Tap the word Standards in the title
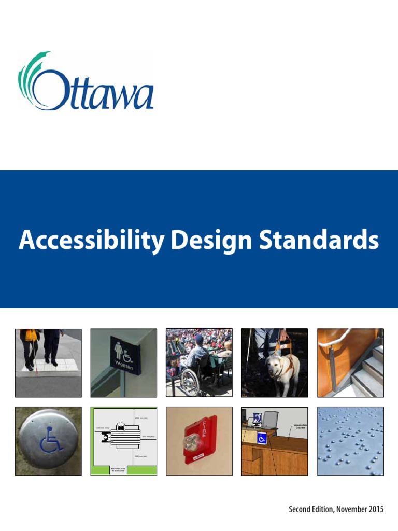tap(318, 241)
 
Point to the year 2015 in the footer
tap(374, 510)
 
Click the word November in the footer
tap(346, 510)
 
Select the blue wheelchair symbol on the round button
tap(50, 440)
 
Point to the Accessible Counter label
tap(300, 426)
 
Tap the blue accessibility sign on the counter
tap(262, 439)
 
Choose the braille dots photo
tap(350, 441)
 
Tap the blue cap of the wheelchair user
tap(199, 338)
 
